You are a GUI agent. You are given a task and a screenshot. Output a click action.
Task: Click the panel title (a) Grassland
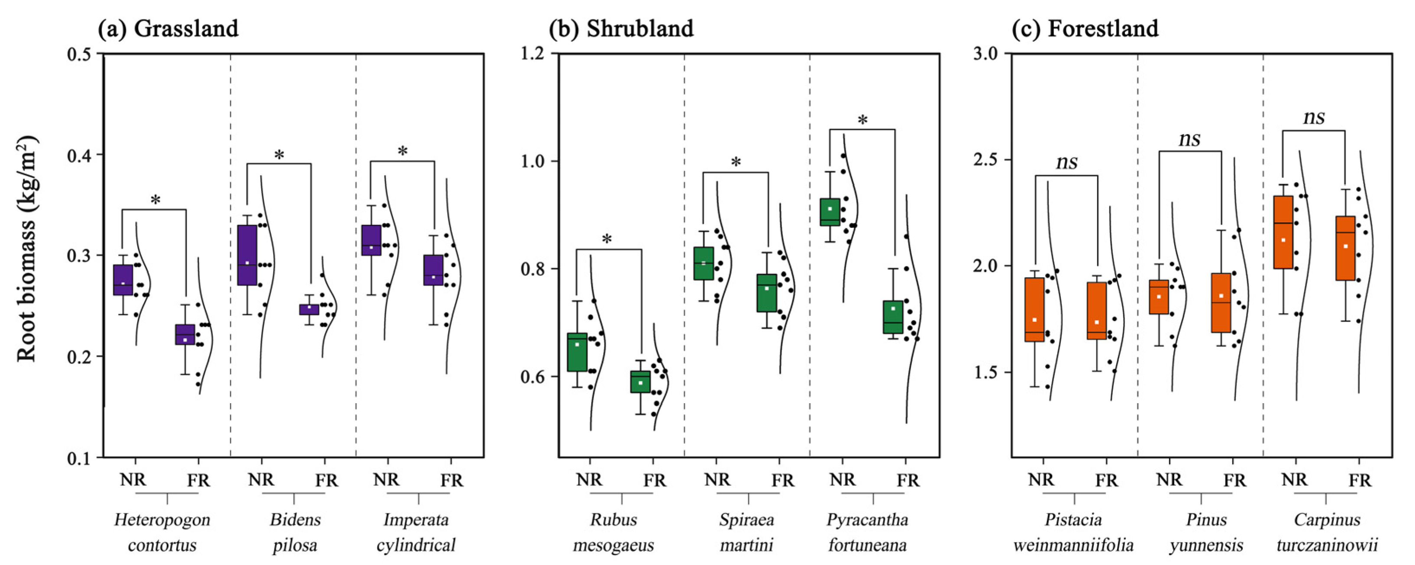pos(168,29)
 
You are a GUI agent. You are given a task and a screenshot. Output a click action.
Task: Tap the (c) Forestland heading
pos(1085,29)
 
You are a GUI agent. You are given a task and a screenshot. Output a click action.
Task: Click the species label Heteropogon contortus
pos(162,532)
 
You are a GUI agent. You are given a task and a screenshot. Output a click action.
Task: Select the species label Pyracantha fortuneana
pos(867,532)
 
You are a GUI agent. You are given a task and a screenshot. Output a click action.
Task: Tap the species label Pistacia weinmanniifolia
pos(1073,532)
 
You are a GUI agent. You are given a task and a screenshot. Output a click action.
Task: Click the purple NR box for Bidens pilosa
pos(247,255)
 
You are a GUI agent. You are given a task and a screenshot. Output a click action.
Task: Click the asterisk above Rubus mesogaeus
pos(607,239)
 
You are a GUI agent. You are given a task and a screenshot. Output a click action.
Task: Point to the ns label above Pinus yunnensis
pos(1190,139)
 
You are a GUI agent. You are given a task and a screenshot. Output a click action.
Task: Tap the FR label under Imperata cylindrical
pos(452,481)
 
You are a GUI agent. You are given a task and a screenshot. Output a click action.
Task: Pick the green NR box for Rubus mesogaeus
pos(577,352)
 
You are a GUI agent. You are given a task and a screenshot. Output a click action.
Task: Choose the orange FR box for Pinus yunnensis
pos(1221,302)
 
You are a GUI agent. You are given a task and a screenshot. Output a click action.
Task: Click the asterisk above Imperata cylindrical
pos(403,151)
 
